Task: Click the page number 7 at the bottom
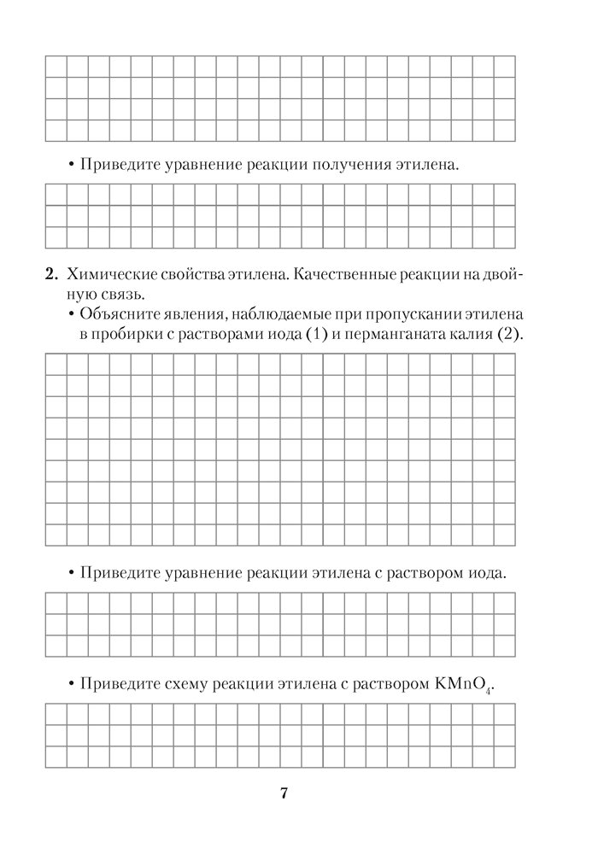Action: point(283,793)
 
